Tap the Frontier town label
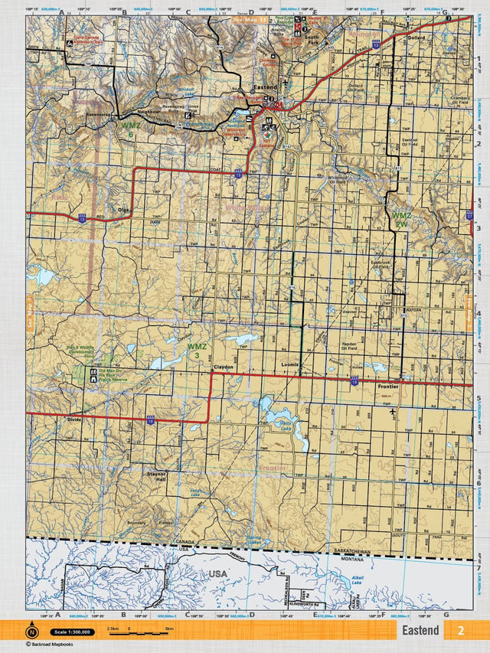click(388, 387)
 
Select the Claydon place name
click(223, 367)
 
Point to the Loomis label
click(289, 365)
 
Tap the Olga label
click(123, 209)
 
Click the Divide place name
click(73, 420)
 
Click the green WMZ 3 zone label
click(197, 351)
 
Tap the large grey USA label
click(217, 573)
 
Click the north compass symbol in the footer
click(32, 632)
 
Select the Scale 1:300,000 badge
click(73, 632)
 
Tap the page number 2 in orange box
click(460, 630)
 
